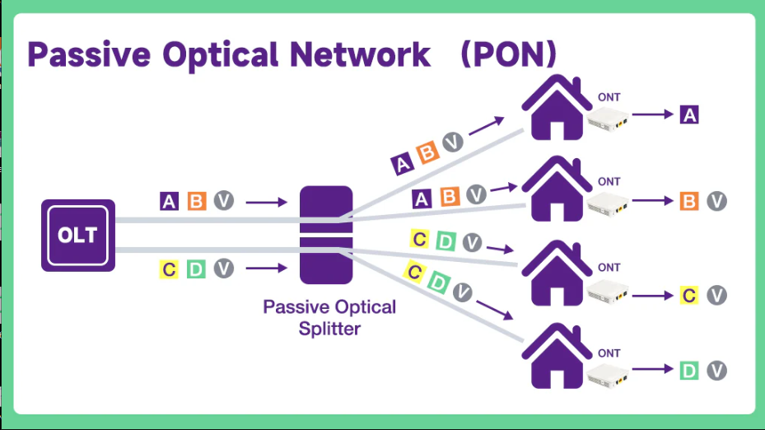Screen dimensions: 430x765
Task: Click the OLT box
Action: pos(77,235)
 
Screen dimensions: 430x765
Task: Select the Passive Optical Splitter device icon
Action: pos(325,235)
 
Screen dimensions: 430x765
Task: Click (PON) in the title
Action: pos(508,54)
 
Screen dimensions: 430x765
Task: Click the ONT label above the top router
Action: pos(609,97)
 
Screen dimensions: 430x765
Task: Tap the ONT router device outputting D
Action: pos(609,376)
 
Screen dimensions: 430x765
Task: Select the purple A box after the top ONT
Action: pos(689,115)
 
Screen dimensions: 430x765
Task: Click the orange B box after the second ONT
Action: pos(689,201)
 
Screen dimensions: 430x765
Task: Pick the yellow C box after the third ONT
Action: pos(689,295)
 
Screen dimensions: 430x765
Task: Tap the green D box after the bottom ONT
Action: pos(689,371)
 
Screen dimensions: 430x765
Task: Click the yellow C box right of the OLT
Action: pos(170,269)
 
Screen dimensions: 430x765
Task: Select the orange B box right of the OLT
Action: pos(196,201)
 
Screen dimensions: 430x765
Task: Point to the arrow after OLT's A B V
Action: pos(266,201)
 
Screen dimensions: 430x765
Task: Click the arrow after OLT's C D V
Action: pos(266,269)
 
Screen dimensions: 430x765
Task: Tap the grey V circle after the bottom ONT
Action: pos(716,371)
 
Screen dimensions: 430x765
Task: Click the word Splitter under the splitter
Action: pos(329,328)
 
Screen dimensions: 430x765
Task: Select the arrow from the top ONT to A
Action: pos(653,115)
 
